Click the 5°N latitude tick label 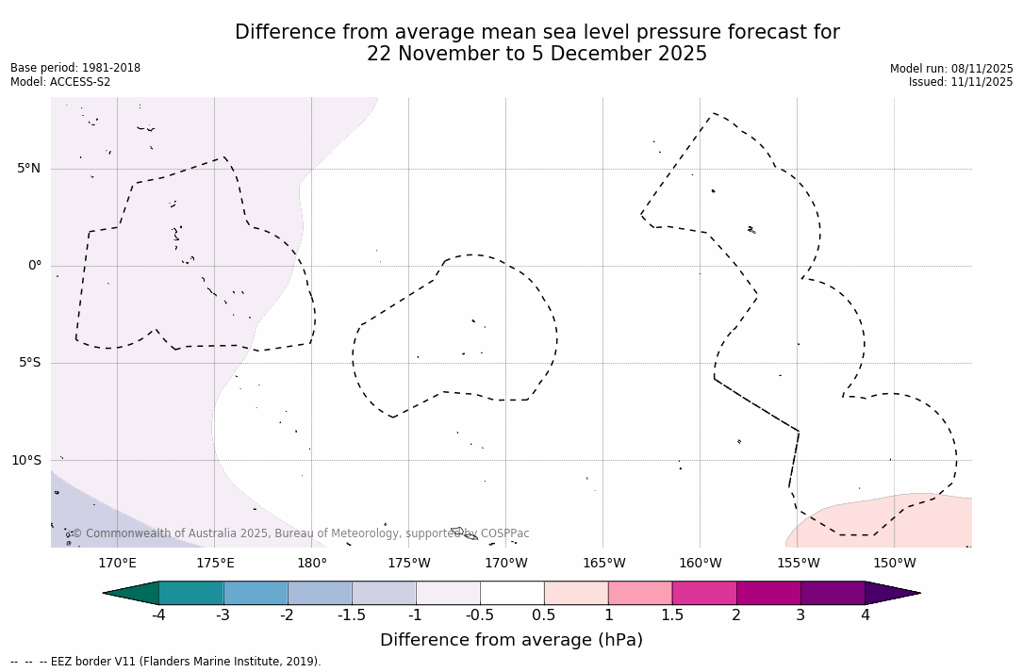pos(28,169)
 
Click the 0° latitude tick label pos(35,266)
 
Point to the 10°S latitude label pos(25,461)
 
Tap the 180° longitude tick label pos(311,564)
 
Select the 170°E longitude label pos(117,564)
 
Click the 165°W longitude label pos(603,564)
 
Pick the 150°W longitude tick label pos(894,564)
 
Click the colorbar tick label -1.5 pos(352,615)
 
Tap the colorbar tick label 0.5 pos(544,615)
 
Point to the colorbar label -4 pos(158,615)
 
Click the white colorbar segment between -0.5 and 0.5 pos(512,593)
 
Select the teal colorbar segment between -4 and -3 pos(191,593)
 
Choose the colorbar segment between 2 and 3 pos(768,593)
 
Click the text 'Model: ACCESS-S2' pos(60,82)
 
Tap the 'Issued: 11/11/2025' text pos(961,82)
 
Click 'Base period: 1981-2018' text pos(75,68)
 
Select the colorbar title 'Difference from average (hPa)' pos(511,640)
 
